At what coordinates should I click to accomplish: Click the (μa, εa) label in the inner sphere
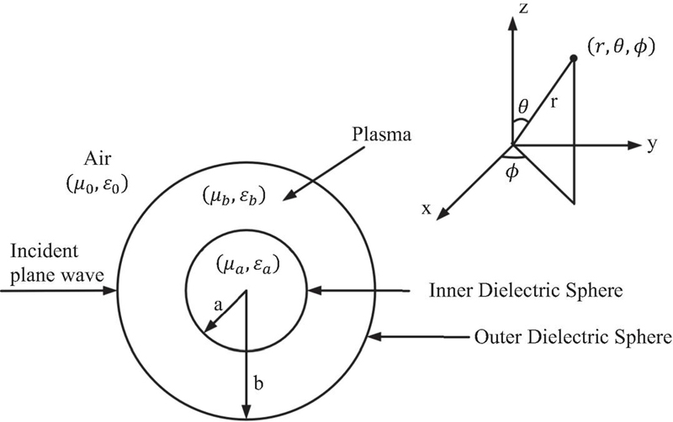[245, 267]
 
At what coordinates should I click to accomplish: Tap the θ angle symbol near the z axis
[525, 108]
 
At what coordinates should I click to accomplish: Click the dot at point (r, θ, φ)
[574, 58]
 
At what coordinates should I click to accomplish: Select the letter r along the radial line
[554, 104]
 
